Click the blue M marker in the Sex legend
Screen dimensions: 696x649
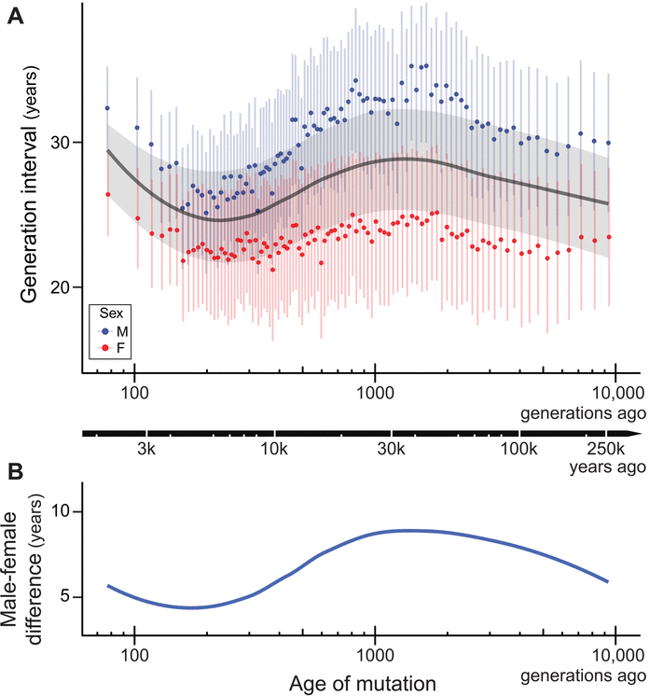(x=106, y=330)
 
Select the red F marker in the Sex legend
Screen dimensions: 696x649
(x=106, y=347)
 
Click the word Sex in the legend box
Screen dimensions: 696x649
(x=111, y=313)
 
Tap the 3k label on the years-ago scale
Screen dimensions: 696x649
(x=145, y=452)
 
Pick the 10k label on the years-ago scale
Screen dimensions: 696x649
(x=274, y=452)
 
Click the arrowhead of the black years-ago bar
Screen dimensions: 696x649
(x=636, y=434)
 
